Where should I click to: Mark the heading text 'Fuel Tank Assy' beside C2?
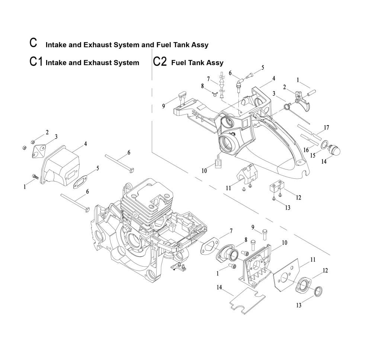coord(197,63)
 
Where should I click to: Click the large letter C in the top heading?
coord(33,42)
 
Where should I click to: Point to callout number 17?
coord(327,128)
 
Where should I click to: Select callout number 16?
coord(306,150)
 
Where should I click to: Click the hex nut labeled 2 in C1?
coord(32,142)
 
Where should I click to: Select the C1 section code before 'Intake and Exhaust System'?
coord(36,61)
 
